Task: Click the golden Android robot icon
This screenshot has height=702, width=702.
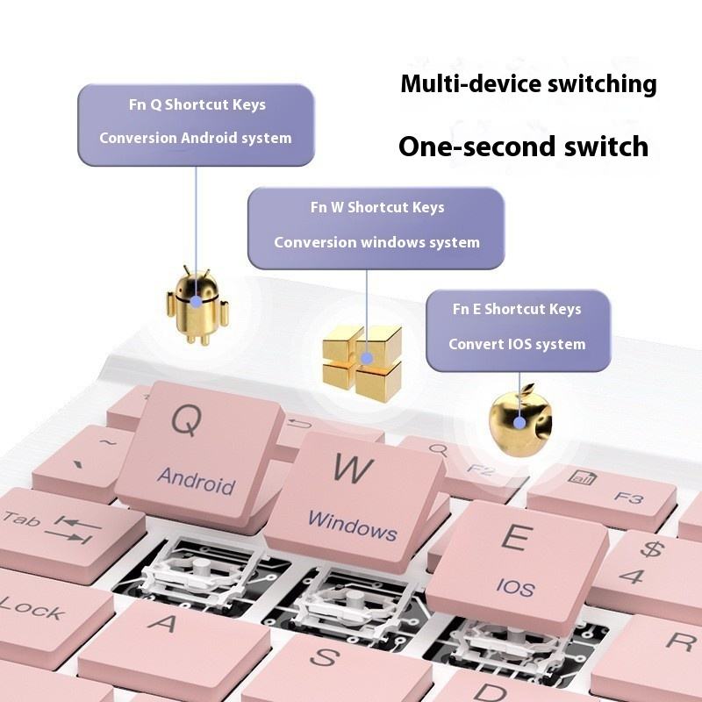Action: tap(197, 304)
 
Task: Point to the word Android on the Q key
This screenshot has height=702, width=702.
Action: tap(197, 480)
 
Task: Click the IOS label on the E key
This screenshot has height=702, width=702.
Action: tap(514, 586)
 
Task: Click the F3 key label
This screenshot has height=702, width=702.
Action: tap(629, 497)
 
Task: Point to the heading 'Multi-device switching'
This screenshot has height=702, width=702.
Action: tap(528, 84)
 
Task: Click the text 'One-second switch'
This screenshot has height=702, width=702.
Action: tap(523, 146)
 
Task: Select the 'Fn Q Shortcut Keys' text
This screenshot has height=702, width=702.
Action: tap(197, 104)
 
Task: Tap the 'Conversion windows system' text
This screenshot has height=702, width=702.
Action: tap(376, 242)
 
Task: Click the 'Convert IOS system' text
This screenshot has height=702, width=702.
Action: tap(517, 344)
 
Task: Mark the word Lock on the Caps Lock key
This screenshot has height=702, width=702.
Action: tap(31, 607)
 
